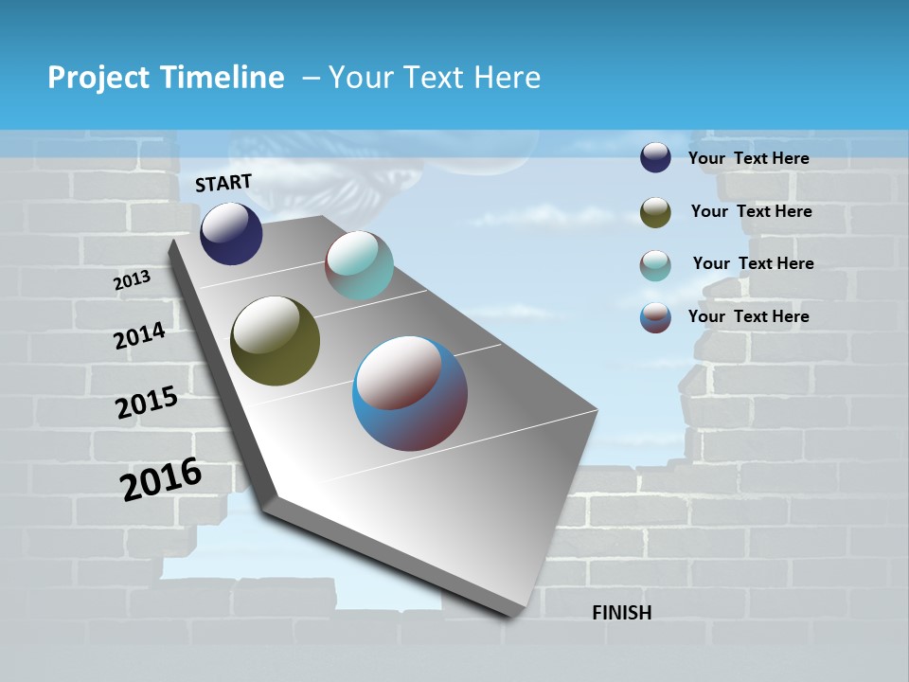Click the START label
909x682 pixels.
click(x=223, y=183)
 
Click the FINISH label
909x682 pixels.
click(x=621, y=613)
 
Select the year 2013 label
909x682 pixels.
click(x=132, y=280)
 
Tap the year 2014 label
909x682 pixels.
click(x=139, y=336)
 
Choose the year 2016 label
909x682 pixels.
click(x=161, y=479)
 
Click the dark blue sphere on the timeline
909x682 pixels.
click(x=231, y=234)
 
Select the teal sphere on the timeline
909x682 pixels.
click(x=359, y=265)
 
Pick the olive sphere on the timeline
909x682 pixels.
click(x=275, y=341)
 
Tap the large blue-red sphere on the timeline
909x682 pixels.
click(x=410, y=393)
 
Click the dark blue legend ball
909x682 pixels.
click(x=655, y=157)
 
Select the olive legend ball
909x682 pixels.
click(x=655, y=212)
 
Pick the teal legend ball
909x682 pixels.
click(x=655, y=265)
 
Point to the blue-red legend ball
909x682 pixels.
click(x=655, y=317)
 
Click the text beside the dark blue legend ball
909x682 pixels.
click(x=748, y=158)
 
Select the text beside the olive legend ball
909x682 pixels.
click(x=751, y=211)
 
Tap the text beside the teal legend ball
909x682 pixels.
click(x=753, y=263)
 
